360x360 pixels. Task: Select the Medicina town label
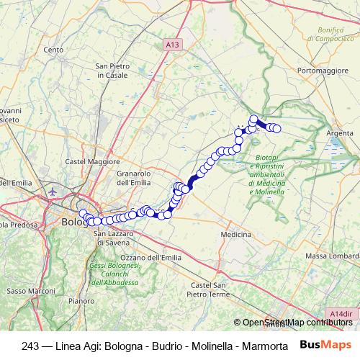click(x=235, y=235)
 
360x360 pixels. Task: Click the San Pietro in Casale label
click(x=112, y=71)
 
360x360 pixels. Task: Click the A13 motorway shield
click(x=171, y=45)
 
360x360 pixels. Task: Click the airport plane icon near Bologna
click(x=55, y=192)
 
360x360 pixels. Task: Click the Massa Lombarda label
click(x=332, y=257)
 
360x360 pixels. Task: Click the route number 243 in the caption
click(x=31, y=345)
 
